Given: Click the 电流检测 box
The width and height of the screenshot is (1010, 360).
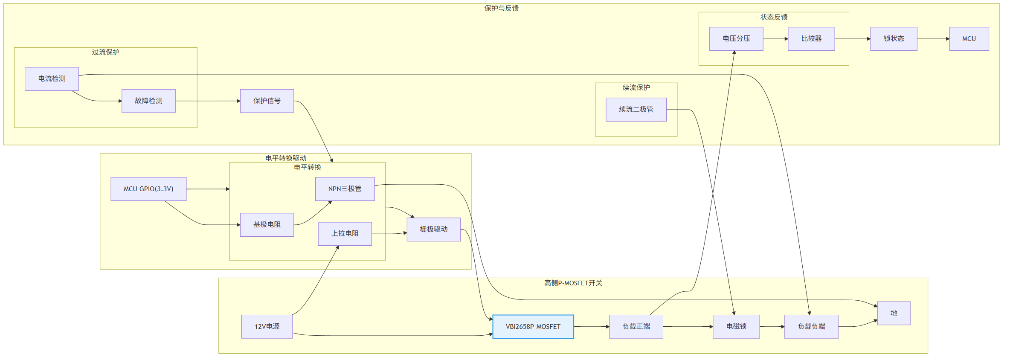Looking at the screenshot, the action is coord(52,79).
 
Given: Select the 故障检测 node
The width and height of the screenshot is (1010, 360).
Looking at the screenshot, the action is coord(148,101).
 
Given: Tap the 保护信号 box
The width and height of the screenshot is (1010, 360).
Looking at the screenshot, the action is coord(267,101).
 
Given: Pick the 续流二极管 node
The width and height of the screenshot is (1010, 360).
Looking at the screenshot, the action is coord(636,110).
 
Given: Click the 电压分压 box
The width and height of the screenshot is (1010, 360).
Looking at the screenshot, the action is coord(736,39).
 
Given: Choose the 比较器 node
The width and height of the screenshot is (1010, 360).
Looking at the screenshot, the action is coord(811,39).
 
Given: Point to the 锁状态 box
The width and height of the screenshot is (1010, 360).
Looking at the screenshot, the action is coord(894,39).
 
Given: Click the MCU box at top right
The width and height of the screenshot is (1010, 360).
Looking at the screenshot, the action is coord(969,39).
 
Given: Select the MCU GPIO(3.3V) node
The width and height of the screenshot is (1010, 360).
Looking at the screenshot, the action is coord(148,189).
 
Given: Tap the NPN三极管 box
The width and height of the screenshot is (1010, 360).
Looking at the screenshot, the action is coord(345,189).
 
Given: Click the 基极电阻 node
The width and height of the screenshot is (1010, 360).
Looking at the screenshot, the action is coord(267,225).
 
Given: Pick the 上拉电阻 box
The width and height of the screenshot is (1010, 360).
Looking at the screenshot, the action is coord(345,234).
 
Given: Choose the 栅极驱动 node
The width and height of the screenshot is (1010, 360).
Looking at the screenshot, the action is coord(433,229).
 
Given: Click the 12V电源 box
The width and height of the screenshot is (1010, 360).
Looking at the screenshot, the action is coord(267,327).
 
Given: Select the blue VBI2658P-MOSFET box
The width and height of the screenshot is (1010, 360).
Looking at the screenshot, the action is coord(533,327).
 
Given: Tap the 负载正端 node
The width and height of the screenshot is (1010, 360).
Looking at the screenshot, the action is coord(636,327).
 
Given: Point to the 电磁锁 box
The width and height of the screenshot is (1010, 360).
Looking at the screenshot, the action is coord(736,327).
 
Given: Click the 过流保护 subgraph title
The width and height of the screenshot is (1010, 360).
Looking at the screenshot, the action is coord(105,52).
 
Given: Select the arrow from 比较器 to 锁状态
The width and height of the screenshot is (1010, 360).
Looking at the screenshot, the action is coord(853,39).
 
